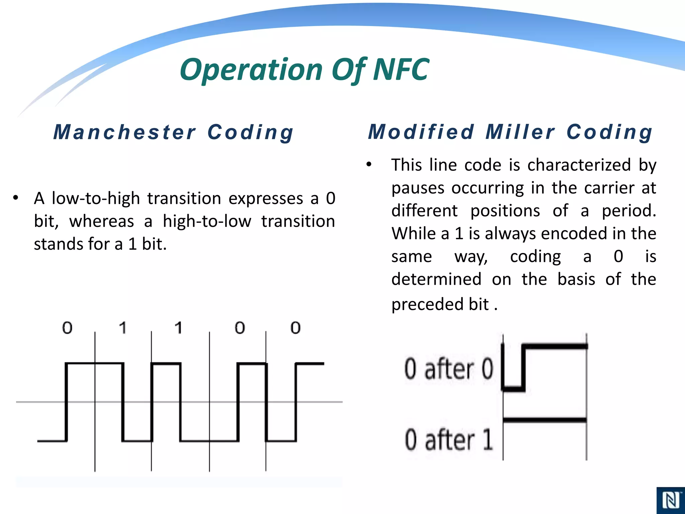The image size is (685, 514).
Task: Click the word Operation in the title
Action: coord(251,70)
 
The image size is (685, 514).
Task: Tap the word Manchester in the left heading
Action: coord(124,132)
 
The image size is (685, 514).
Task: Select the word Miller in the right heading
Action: coord(520,132)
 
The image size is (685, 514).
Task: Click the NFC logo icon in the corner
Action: coord(670,501)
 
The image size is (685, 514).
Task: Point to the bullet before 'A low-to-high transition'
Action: coord(15,198)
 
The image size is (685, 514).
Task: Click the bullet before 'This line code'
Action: coord(369,164)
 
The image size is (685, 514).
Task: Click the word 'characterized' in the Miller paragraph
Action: coord(579,165)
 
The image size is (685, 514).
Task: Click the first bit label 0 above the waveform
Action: coord(67,328)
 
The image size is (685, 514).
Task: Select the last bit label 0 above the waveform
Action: coord(295,328)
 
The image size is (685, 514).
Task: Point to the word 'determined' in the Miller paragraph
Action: coord(436,279)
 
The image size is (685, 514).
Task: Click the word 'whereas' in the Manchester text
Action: coord(102,221)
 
